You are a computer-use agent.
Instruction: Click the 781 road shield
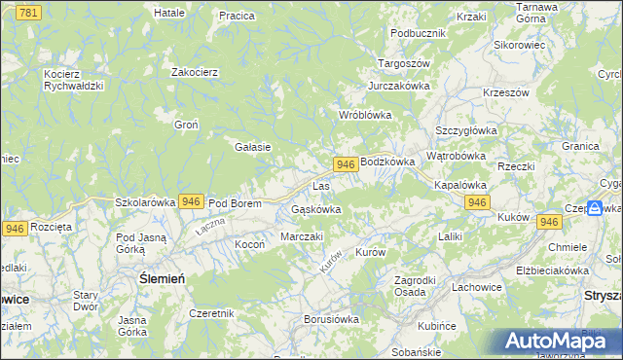(x=29, y=12)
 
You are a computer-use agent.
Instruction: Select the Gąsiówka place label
(x=316, y=209)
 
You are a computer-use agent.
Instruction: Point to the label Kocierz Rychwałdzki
(x=73, y=79)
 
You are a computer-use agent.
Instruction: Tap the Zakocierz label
(x=194, y=72)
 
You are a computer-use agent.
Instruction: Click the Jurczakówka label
(x=399, y=86)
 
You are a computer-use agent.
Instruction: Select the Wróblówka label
(x=364, y=115)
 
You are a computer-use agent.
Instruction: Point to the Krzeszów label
(x=505, y=92)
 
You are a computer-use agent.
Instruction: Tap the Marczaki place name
(x=301, y=236)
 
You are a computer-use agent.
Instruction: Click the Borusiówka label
(x=332, y=318)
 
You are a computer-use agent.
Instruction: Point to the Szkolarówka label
(x=144, y=202)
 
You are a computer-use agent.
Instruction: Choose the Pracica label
(x=237, y=16)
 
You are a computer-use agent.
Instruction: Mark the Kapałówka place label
(x=459, y=184)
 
